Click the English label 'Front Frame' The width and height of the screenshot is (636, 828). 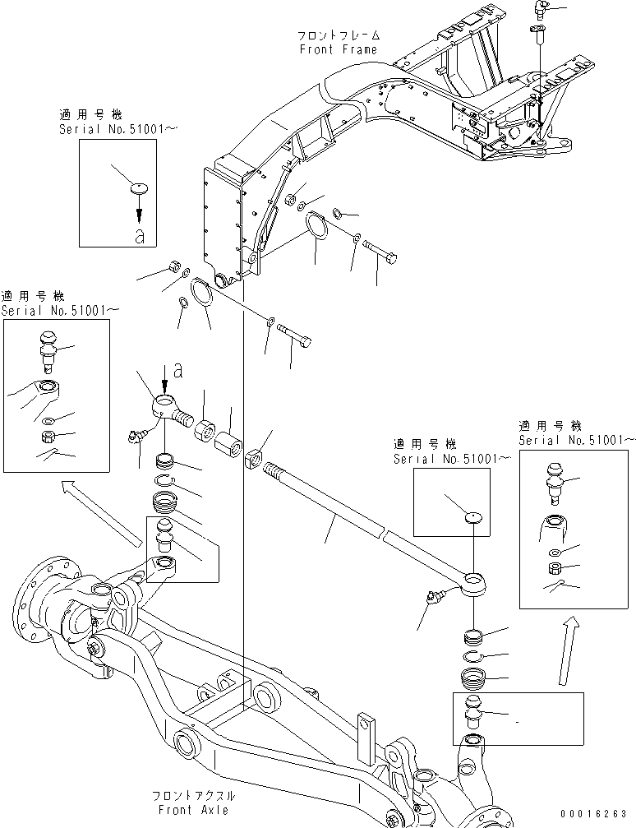click(338, 49)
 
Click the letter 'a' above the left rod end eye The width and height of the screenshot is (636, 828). click(178, 371)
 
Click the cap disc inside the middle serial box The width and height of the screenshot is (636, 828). click(471, 519)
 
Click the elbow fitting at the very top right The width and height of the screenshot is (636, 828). click(540, 9)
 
